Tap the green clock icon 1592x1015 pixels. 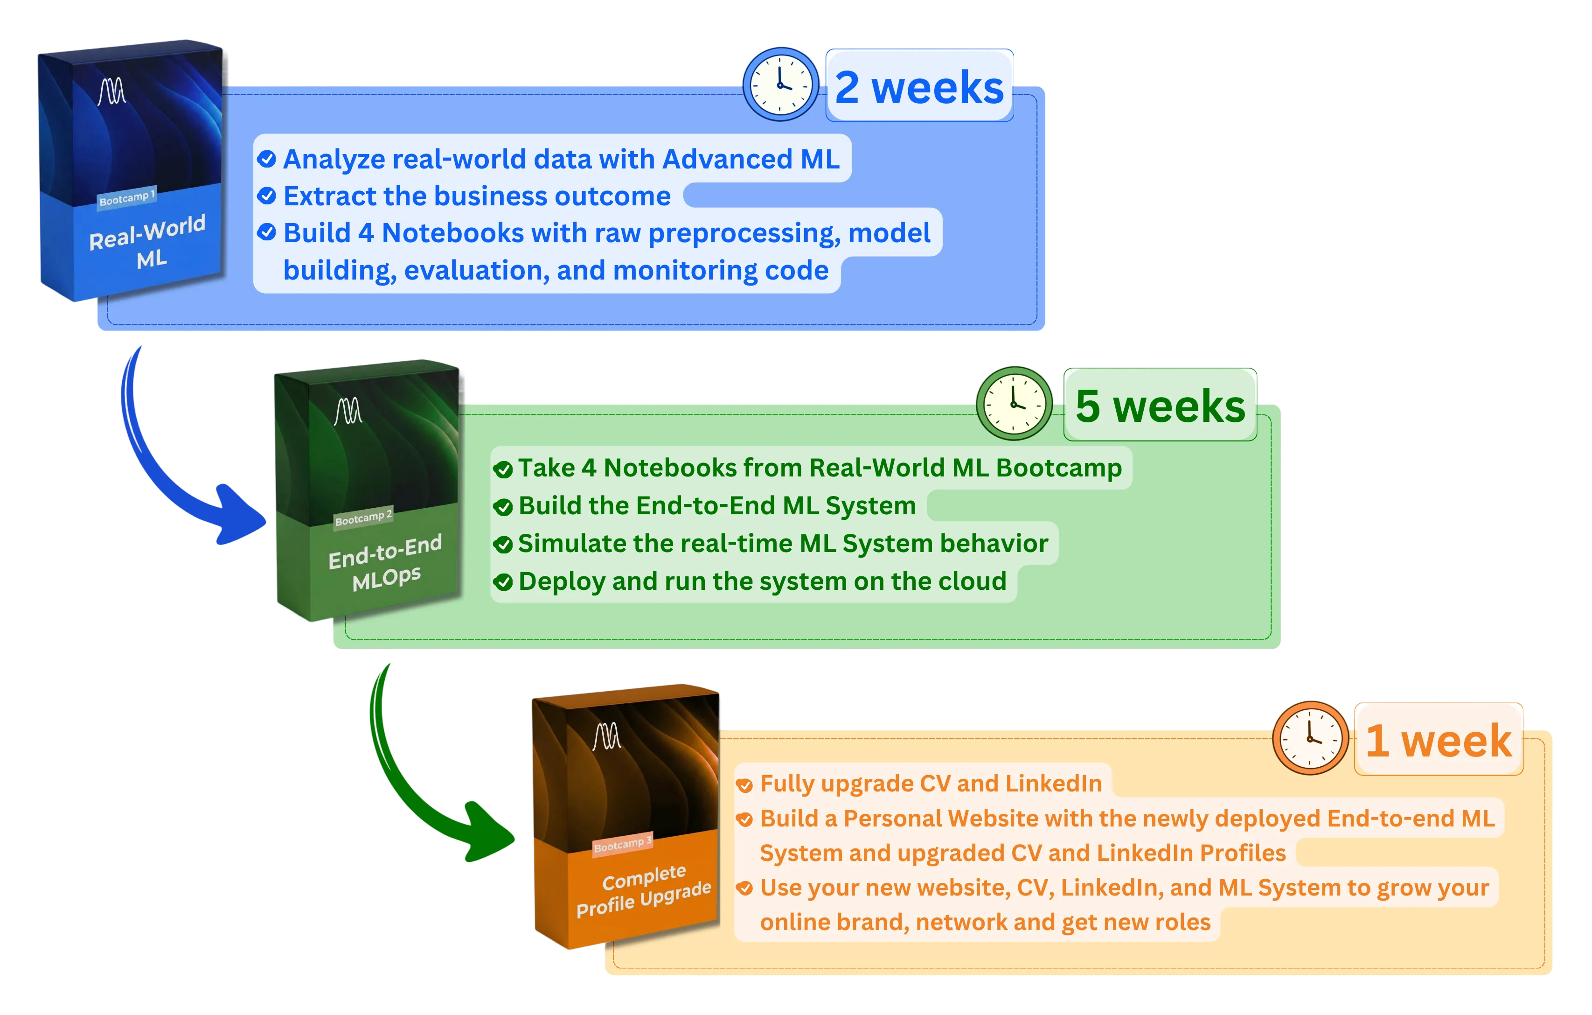click(1014, 403)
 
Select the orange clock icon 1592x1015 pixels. click(1310, 737)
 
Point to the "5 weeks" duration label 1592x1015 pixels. click(1160, 406)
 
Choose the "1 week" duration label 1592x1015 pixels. click(1439, 740)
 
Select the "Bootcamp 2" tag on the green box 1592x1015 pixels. click(363, 517)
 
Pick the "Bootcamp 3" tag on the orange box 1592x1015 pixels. click(623, 844)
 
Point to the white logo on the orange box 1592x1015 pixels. click(607, 736)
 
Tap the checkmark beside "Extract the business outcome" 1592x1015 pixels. click(266, 196)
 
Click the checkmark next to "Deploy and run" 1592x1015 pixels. click(503, 582)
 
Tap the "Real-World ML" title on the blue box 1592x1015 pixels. click(148, 241)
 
